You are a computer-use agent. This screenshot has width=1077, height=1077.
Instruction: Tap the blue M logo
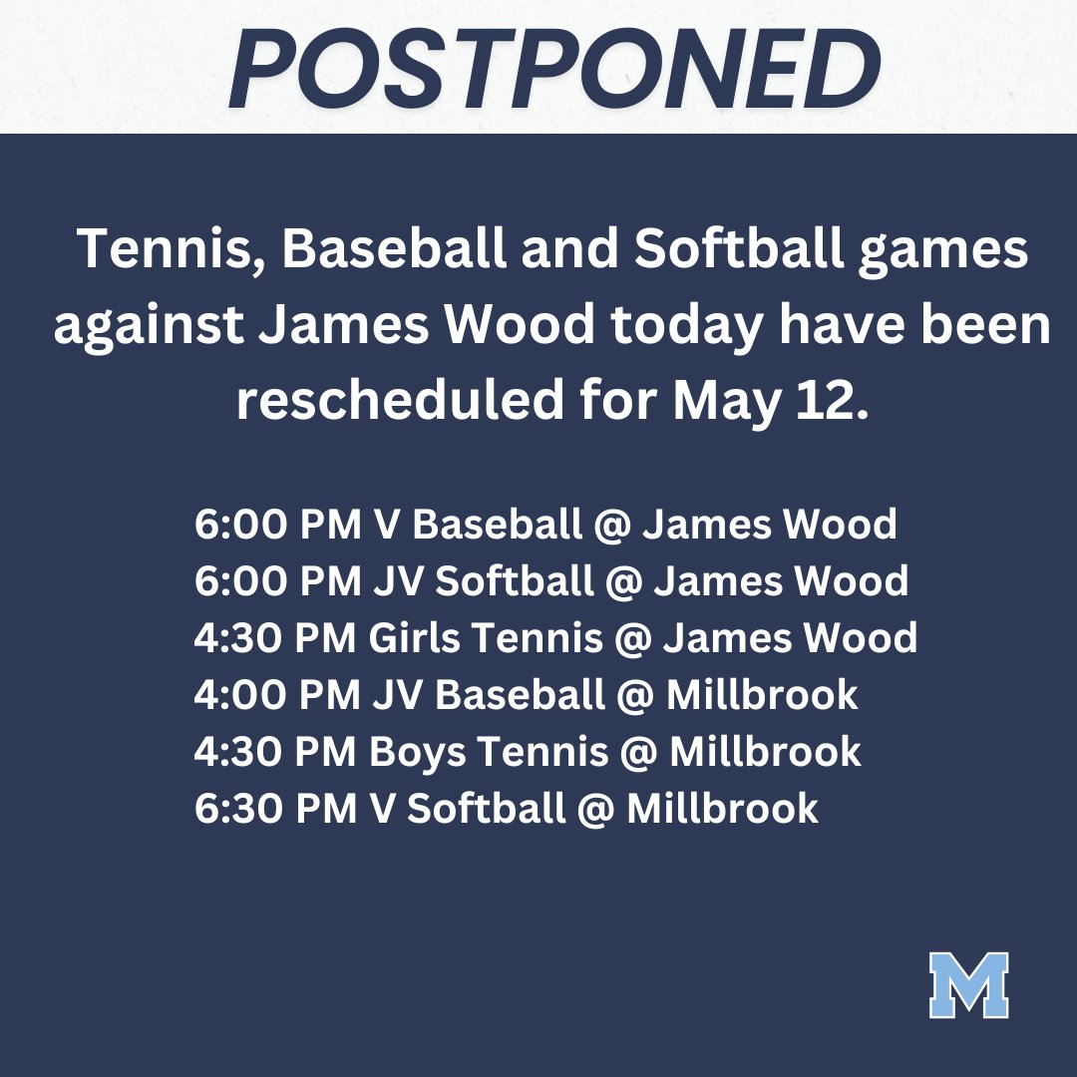[x=968, y=984]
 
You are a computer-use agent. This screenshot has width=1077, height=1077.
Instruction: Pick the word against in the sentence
[x=143, y=327]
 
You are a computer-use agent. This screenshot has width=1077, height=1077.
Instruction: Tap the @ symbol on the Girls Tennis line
[x=633, y=637]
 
